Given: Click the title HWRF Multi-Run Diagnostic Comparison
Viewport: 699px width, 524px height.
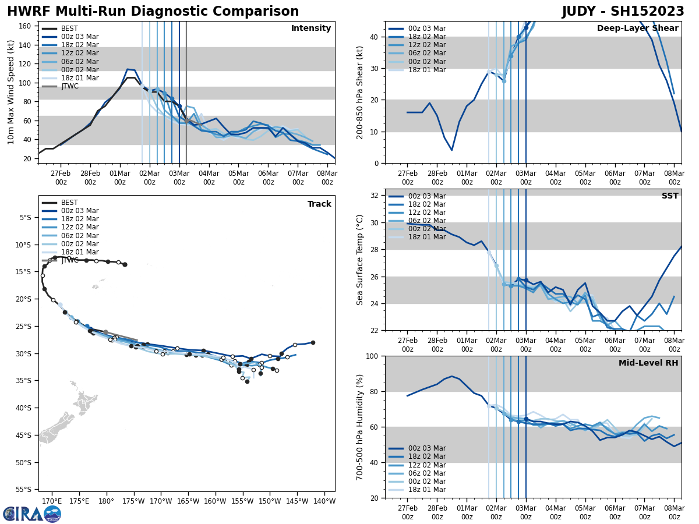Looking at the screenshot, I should coord(153,12).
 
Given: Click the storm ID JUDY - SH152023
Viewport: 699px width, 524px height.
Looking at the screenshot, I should coord(623,12).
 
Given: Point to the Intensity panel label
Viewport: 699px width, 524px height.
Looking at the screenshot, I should coord(311,29).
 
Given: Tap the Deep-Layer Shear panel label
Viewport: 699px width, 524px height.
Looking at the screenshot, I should coord(637,29).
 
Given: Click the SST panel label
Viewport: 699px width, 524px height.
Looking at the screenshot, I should coord(670,196).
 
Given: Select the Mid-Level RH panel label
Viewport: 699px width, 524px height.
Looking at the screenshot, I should coord(648,363).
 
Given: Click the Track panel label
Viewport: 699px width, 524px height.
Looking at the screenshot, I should coord(319,204).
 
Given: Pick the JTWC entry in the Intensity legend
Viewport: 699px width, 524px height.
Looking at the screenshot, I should coord(69,86).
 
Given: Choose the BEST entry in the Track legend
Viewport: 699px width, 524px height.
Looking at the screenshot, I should coord(69,203).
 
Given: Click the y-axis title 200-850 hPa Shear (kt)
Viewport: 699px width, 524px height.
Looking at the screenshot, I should coord(360,92).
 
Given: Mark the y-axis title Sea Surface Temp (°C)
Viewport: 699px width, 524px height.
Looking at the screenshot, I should coord(360,260).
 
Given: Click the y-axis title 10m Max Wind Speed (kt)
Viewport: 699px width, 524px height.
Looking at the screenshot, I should coord(10,92).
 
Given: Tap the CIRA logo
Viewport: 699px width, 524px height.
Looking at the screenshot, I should coord(32,514).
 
